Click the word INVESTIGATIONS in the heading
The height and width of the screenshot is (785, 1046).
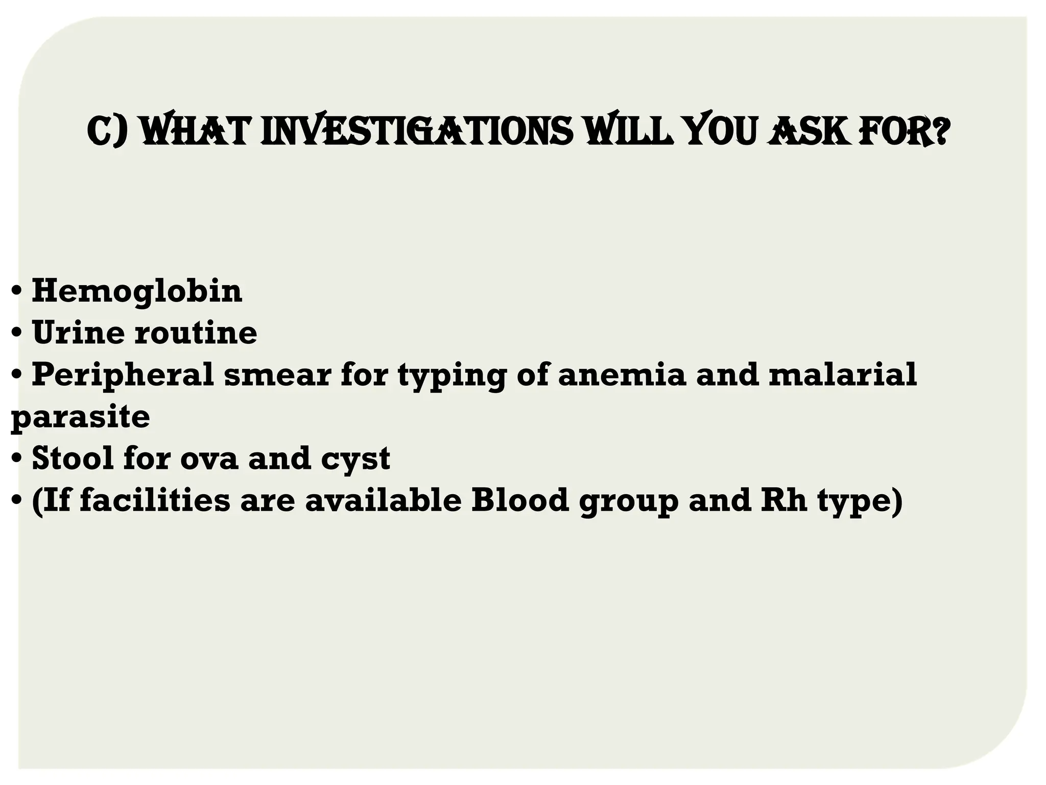[x=417, y=131]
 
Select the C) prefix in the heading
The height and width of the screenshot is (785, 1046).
[x=108, y=131]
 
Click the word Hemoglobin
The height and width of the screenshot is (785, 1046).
[x=137, y=291]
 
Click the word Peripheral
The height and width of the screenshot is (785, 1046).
[x=123, y=375]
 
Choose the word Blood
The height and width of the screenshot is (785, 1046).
[x=519, y=500]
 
